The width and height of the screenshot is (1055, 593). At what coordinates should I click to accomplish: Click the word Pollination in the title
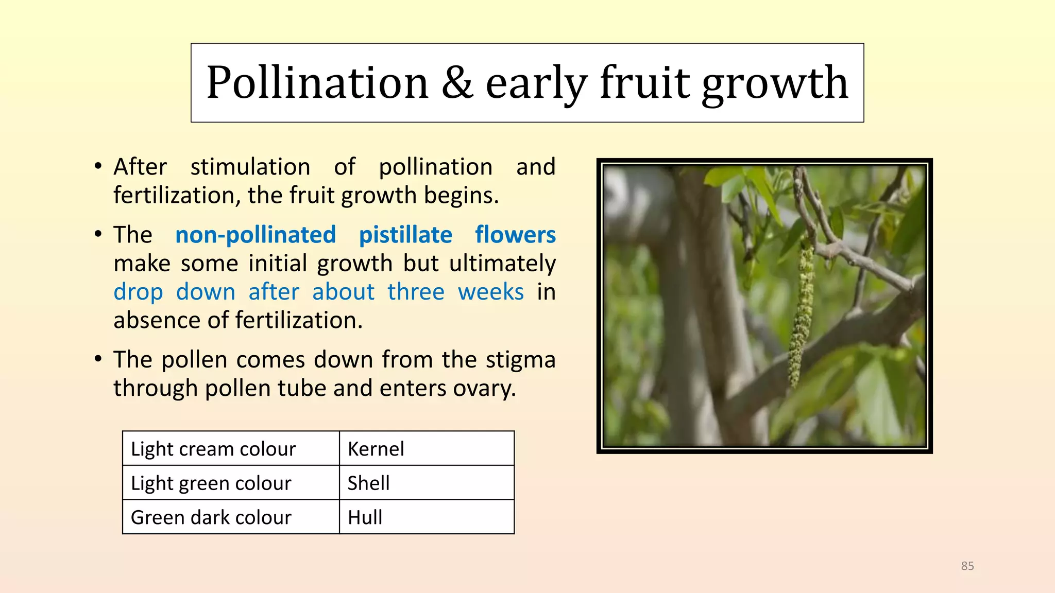click(x=317, y=82)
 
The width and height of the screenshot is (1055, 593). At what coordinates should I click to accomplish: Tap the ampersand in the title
click(x=457, y=82)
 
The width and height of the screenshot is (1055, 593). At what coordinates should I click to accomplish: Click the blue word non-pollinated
click(x=256, y=235)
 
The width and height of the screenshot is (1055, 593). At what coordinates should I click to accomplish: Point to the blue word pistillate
click(x=405, y=235)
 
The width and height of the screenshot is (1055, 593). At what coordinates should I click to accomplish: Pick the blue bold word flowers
click(x=515, y=235)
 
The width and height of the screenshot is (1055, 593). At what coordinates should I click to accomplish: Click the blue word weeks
click(x=491, y=292)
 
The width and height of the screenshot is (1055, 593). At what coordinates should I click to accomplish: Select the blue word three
click(x=416, y=292)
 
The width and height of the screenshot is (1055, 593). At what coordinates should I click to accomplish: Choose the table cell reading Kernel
click(x=427, y=448)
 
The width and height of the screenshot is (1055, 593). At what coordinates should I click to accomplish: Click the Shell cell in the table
click(x=427, y=483)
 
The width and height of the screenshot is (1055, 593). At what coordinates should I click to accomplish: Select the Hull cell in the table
click(x=427, y=517)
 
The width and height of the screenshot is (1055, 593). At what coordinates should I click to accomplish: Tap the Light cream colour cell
click(x=231, y=448)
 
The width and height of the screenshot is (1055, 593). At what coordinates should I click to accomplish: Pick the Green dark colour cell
click(x=231, y=517)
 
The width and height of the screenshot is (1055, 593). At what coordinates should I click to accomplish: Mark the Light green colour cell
click(x=231, y=483)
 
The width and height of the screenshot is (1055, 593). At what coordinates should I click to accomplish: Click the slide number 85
click(x=967, y=566)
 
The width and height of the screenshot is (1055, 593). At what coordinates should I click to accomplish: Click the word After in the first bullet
click(x=140, y=167)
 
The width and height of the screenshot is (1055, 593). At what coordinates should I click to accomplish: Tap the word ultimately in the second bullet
click(x=502, y=264)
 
